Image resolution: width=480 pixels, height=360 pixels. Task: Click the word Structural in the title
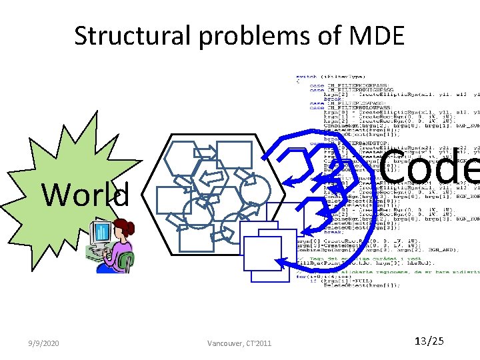(x=134, y=36)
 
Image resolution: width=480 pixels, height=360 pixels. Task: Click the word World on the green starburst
(x=85, y=195)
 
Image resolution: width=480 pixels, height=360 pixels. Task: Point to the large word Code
(x=430, y=167)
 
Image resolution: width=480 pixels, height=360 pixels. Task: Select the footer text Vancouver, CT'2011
(x=239, y=343)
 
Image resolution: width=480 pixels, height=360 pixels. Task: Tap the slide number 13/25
(x=429, y=342)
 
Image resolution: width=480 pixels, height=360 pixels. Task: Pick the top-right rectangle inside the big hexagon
(x=234, y=155)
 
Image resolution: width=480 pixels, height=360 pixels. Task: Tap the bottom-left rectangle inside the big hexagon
(x=196, y=237)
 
